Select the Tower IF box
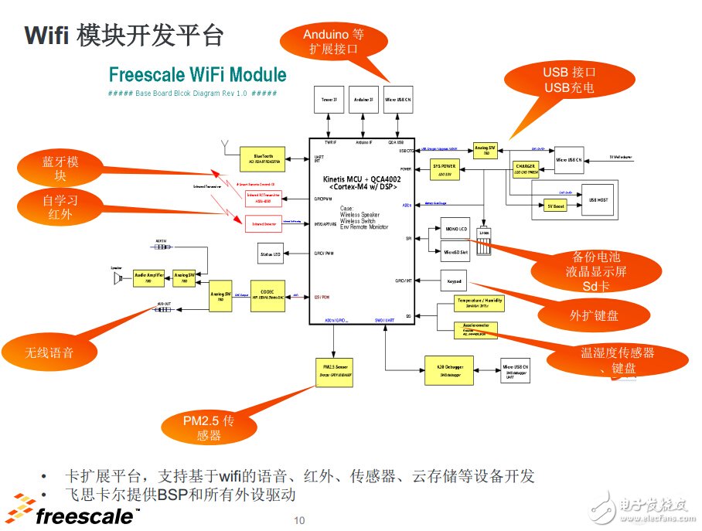(329, 100)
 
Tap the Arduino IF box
(363, 100)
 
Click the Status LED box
(271, 252)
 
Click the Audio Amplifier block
(148, 277)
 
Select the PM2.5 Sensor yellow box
(333, 369)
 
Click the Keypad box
(455, 280)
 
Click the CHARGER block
(526, 168)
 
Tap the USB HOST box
(598, 199)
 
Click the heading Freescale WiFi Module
(197, 75)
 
